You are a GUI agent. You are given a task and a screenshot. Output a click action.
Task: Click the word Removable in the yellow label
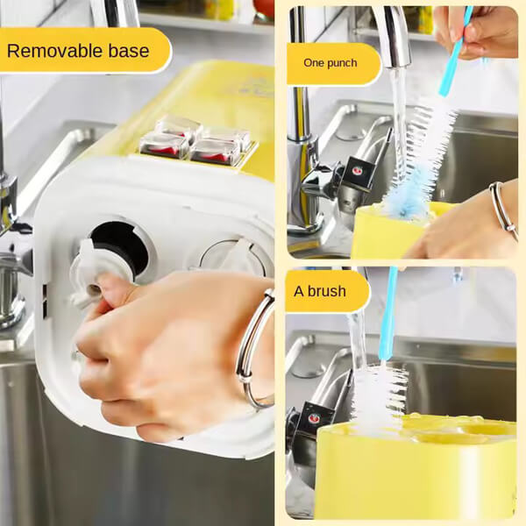[x=54, y=51]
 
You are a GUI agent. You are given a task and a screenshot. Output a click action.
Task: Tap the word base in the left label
[x=129, y=51]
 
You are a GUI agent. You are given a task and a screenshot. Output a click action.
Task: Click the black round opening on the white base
[x=121, y=246]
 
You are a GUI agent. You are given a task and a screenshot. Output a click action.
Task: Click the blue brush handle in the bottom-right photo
[x=387, y=316]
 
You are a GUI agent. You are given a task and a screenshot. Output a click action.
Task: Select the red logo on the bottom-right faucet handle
[x=314, y=418]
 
